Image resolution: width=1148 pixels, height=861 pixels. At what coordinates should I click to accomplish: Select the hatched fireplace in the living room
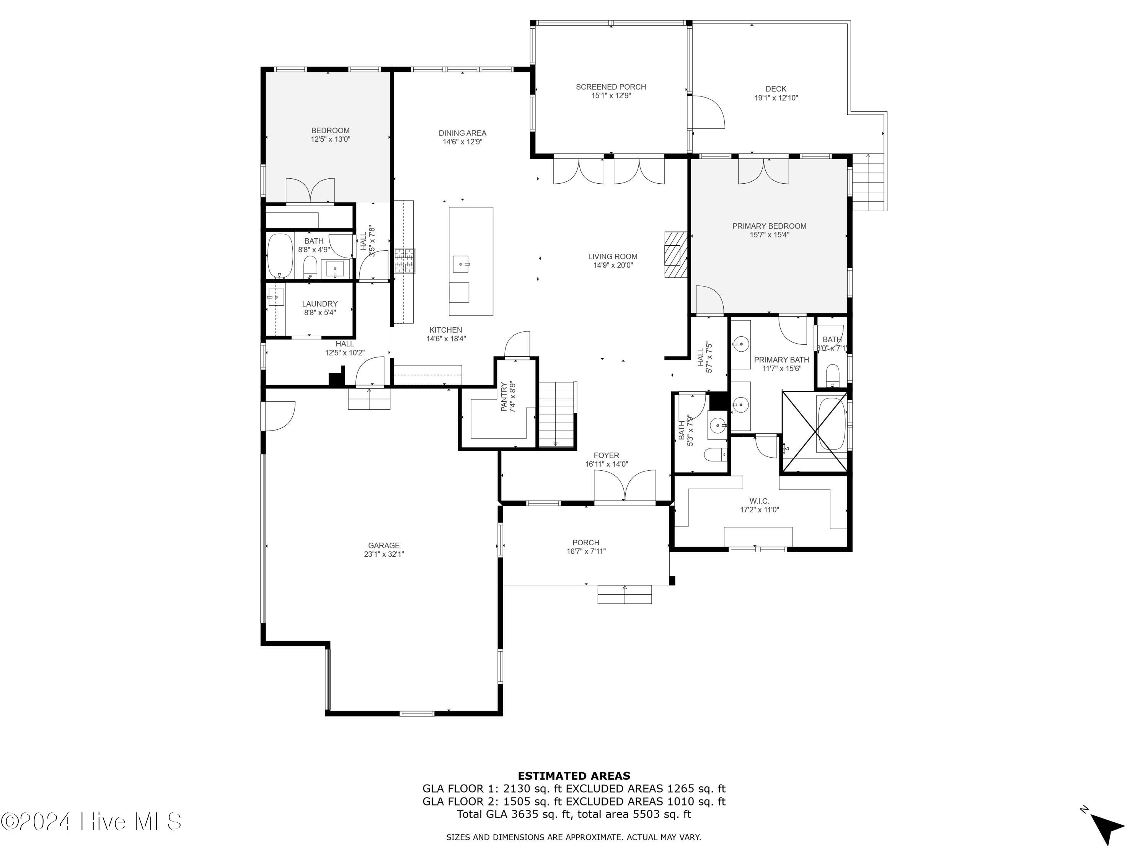(675, 255)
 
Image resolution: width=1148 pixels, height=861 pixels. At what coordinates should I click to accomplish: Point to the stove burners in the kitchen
(404, 261)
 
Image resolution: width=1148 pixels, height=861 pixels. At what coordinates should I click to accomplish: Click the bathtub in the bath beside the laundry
(280, 255)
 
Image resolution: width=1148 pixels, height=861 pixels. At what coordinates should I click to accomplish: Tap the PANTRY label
(504, 397)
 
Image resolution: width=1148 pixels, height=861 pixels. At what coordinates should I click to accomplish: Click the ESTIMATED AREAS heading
(574, 776)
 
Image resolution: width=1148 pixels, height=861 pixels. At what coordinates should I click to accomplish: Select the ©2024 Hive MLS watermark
(91, 822)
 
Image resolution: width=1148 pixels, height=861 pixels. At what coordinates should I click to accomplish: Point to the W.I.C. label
(759, 501)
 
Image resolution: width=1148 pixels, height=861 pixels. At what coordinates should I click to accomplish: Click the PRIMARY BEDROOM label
(769, 226)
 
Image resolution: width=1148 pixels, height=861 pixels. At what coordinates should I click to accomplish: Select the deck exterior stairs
(868, 182)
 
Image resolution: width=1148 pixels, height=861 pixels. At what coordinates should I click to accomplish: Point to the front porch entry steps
(625, 594)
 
